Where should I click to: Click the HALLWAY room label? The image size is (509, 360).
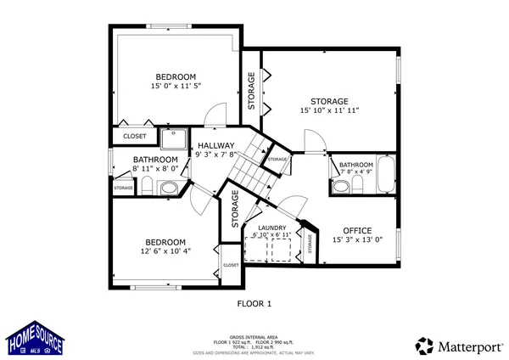point(215,145)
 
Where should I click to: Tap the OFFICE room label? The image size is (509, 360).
point(357,231)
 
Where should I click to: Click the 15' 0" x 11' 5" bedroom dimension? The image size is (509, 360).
point(176,87)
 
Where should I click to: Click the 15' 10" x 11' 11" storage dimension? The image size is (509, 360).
point(329,110)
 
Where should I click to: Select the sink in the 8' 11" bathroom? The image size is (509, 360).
point(169,188)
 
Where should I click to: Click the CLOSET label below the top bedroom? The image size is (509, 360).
point(134,136)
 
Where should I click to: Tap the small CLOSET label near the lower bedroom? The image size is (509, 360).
point(231,266)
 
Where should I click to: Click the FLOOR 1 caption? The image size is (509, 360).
point(254,303)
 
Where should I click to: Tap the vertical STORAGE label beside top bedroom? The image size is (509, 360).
point(251,90)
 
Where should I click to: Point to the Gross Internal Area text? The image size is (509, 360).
point(254,335)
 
